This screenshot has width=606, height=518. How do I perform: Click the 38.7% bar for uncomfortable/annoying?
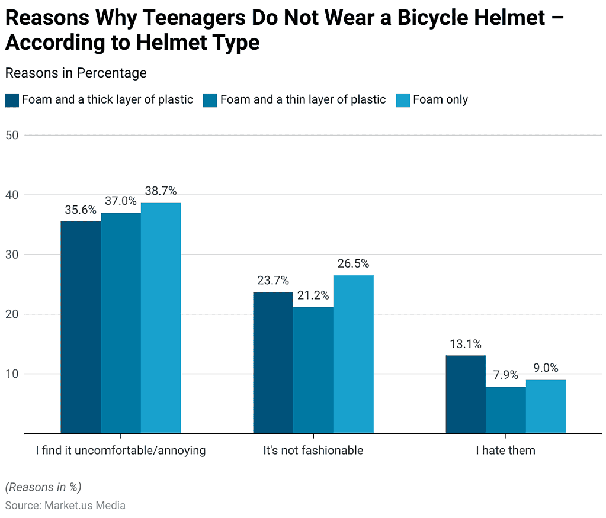(x=161, y=318)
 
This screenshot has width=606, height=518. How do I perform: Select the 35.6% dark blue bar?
(x=81, y=327)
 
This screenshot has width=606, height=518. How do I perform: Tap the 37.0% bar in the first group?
(x=121, y=323)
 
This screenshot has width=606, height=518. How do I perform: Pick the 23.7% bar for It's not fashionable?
(x=273, y=363)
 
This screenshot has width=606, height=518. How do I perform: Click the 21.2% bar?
(x=313, y=370)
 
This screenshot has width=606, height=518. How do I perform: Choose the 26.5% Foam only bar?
(x=353, y=354)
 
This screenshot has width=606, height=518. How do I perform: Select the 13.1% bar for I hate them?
(x=466, y=394)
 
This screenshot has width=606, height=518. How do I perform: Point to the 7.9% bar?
(x=505, y=410)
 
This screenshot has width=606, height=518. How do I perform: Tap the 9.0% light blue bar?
(x=546, y=406)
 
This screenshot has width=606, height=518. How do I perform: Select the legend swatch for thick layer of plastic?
(x=12, y=100)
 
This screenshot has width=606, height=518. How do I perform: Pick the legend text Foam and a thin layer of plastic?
(x=303, y=100)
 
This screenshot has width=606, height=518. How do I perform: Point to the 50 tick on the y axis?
(x=12, y=135)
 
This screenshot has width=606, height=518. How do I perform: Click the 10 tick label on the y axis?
(x=12, y=374)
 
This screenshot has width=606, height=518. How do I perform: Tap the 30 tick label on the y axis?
(x=12, y=255)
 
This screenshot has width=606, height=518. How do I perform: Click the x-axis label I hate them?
(x=505, y=451)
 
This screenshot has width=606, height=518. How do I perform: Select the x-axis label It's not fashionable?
(x=313, y=451)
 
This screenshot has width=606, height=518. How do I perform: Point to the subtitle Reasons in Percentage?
(x=76, y=73)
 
